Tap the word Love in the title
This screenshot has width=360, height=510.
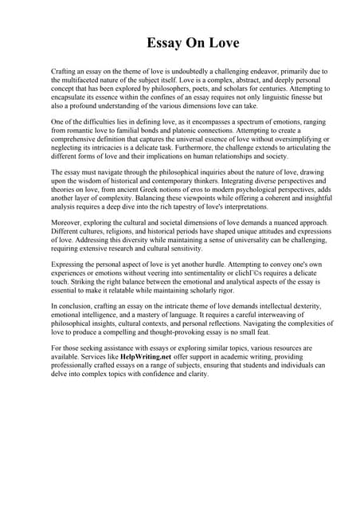[x=212, y=42]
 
